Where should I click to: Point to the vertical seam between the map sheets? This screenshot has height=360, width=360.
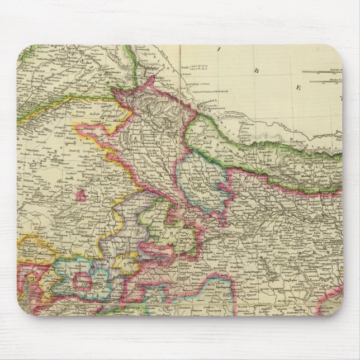coord(180,168)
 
